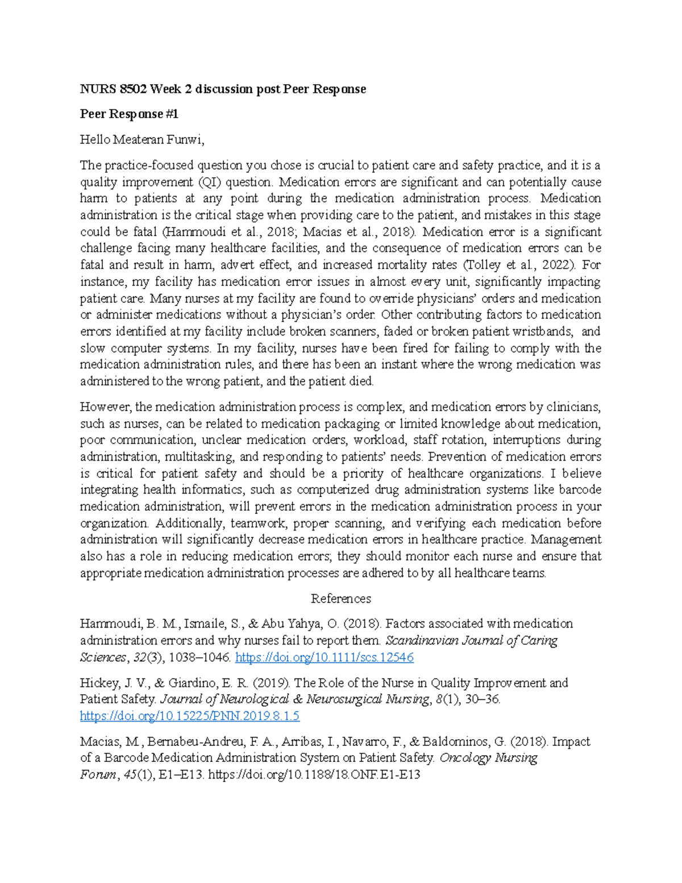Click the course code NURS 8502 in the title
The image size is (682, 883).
coord(113,89)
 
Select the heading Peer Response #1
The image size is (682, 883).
coord(129,114)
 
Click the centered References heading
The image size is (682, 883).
coord(340,598)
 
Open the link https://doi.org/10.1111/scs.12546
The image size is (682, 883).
coord(324,657)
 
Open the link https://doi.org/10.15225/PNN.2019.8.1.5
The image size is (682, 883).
coord(190,716)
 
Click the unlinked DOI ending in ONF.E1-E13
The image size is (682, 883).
coord(314,774)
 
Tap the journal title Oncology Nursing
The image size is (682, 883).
coord(488,758)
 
